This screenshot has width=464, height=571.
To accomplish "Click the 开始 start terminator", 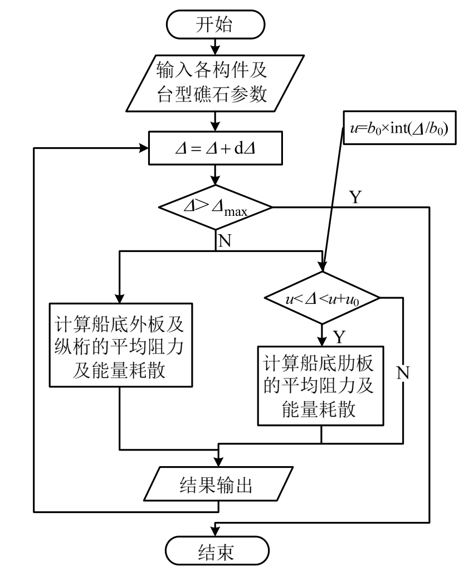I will click(217, 25).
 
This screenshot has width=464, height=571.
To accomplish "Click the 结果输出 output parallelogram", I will click(217, 485).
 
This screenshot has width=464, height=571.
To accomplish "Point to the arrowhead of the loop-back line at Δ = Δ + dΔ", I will click(143, 149).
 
